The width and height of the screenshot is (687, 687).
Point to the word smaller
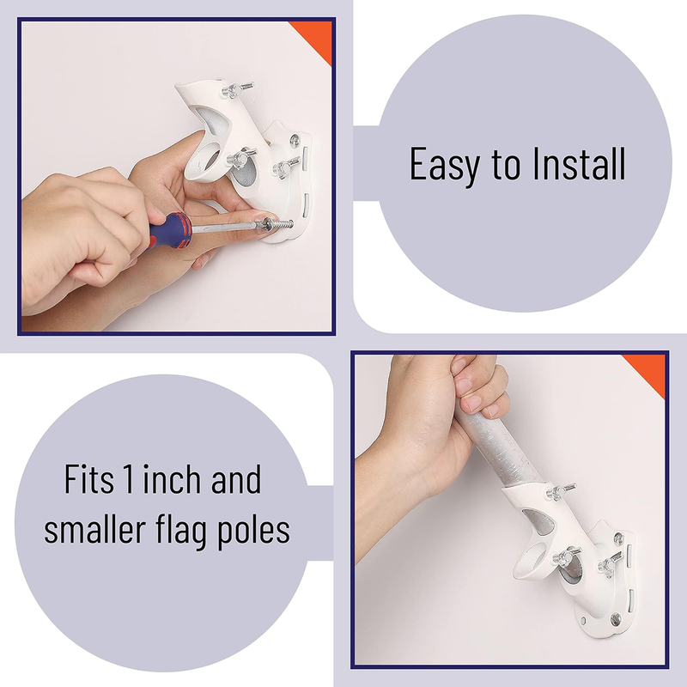94,529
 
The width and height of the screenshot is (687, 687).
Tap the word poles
253,531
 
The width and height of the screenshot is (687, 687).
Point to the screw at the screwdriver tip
277,225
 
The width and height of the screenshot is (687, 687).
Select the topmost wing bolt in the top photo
237,89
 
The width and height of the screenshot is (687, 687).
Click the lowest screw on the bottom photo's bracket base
616,619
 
